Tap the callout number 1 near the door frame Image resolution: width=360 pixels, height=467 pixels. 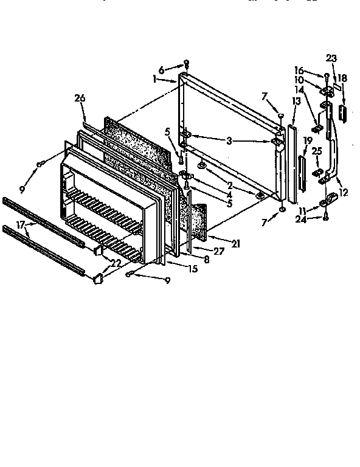(156, 78)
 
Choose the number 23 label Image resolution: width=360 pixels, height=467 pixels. (331, 58)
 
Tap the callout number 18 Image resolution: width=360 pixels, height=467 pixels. (342, 78)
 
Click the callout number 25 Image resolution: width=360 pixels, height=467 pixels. (316, 150)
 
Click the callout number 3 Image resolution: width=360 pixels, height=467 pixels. (229, 140)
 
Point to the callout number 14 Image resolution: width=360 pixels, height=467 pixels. (316, 88)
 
